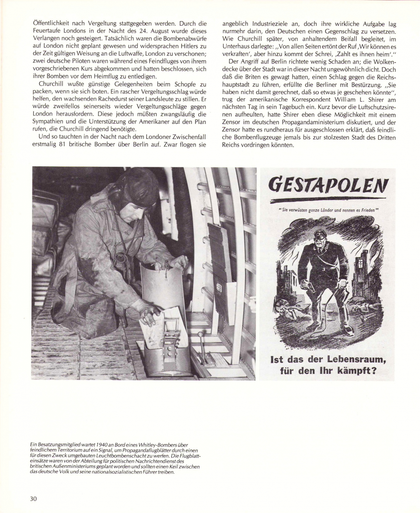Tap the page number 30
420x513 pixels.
(x=34, y=498)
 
